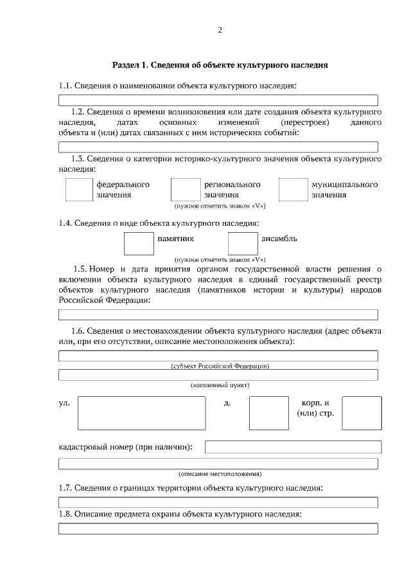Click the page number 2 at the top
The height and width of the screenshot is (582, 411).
(x=220, y=30)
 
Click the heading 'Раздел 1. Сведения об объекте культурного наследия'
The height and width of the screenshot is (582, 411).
(x=220, y=65)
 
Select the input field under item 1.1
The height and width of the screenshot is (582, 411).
(x=218, y=100)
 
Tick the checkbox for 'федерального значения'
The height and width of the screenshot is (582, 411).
(x=79, y=190)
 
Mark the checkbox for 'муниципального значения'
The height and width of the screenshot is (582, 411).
(x=293, y=190)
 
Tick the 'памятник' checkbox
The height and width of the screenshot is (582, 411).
(x=138, y=244)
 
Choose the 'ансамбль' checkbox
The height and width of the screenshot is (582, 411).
(x=243, y=244)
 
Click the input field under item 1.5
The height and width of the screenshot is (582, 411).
(x=218, y=314)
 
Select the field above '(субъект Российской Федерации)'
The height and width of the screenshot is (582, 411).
(x=218, y=356)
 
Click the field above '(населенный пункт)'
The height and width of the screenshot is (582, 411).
(x=218, y=375)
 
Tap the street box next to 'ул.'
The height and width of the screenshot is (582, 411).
(x=141, y=413)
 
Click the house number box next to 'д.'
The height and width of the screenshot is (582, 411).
(x=268, y=413)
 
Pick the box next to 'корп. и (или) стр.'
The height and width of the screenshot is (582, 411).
(x=362, y=412)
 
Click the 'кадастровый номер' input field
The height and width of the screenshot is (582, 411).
(x=293, y=447)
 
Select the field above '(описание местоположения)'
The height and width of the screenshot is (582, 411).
(x=218, y=464)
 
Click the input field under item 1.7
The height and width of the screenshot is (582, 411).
(x=218, y=502)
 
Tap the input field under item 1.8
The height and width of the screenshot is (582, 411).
(x=218, y=529)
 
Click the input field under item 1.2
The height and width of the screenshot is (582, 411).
(x=218, y=147)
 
